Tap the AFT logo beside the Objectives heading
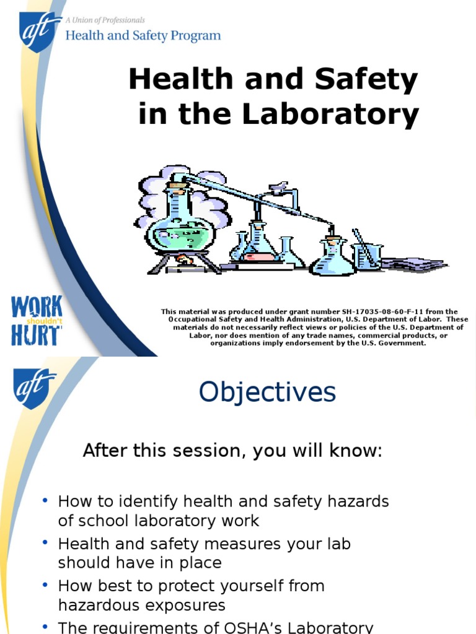click(34, 388)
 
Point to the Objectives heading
click(267, 393)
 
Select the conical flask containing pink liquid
click(258, 244)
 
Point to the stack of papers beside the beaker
click(414, 263)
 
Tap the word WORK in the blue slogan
click(37, 307)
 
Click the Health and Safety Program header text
click(143, 35)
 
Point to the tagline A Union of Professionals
click(105, 20)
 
